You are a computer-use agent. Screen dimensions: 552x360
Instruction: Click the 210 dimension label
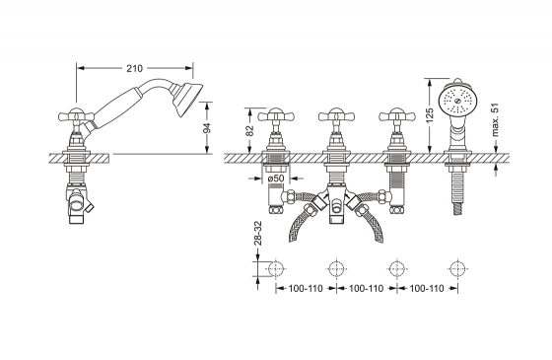point(134,68)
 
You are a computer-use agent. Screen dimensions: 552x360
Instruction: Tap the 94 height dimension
point(207,127)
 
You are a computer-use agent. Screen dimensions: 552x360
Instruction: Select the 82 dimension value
point(249,130)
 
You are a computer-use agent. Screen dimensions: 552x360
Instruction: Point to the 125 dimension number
point(429,115)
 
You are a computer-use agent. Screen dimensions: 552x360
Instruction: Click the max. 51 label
point(495,119)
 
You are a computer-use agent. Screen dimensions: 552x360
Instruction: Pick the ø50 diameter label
point(276,179)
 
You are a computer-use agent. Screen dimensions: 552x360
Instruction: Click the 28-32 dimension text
point(257,233)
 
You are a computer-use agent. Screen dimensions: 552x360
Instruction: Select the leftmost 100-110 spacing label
point(306,288)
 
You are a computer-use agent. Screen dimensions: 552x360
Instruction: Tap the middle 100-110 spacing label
point(366,288)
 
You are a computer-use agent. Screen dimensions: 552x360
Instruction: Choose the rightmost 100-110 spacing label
point(427,288)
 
